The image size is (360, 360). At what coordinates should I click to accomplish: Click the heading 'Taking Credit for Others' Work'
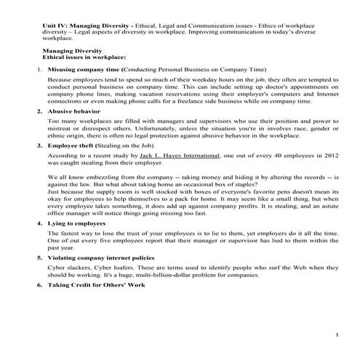(95, 284)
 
